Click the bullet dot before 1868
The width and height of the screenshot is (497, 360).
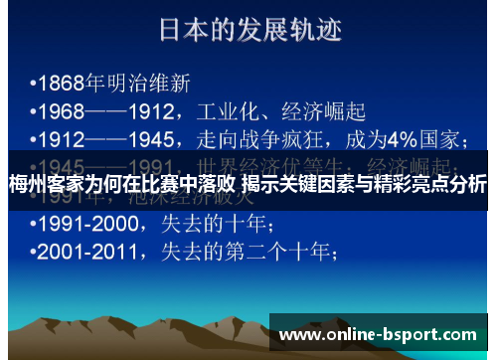33,80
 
